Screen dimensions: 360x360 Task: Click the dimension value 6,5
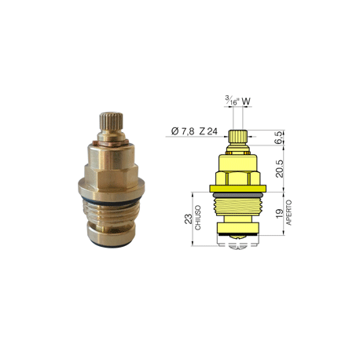click(x=279, y=138)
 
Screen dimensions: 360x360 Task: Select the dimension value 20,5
click(x=280, y=169)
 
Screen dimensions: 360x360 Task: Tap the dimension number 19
click(x=280, y=213)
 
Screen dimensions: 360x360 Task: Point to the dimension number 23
click(x=189, y=219)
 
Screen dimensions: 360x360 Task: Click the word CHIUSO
click(x=198, y=218)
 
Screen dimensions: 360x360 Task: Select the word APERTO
click(x=288, y=212)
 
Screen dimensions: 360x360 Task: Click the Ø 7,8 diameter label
click(x=182, y=131)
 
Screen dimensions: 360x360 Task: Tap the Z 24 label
click(x=208, y=131)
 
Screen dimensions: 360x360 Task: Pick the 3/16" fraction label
click(x=232, y=101)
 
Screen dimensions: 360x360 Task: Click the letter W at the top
click(x=246, y=101)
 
